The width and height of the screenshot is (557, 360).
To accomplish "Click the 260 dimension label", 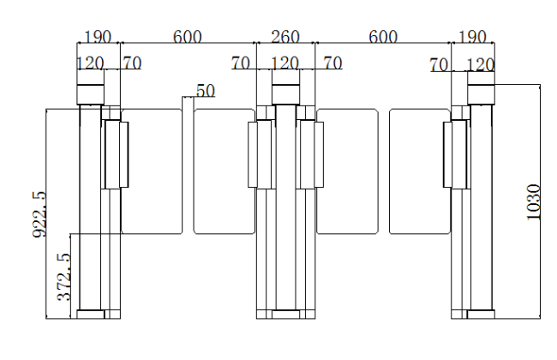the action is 285,37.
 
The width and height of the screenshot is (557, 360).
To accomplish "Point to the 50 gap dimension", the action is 206,91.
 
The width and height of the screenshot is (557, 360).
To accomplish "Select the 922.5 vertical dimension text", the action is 39,214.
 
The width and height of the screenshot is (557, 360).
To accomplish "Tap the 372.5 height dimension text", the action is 64,277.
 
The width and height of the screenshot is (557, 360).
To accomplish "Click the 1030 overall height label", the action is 533,201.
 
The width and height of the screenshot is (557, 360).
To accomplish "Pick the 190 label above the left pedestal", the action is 98,37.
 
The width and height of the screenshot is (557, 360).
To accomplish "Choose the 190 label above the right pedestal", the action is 472,37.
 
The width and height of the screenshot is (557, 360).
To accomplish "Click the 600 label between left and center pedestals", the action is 187,37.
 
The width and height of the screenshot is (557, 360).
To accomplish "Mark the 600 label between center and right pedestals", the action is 383,37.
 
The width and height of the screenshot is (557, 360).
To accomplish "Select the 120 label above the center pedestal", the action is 284,63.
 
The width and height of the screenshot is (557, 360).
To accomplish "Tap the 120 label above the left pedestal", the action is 90,63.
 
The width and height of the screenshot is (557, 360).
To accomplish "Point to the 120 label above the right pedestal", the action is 480,65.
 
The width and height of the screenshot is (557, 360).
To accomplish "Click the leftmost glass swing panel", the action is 152,171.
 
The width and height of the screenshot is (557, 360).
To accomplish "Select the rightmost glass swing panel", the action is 420,171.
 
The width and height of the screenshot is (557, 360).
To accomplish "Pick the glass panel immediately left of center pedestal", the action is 225,171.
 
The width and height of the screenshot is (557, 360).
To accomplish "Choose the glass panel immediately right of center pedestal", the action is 347,171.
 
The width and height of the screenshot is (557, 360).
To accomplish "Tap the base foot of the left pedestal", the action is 91,315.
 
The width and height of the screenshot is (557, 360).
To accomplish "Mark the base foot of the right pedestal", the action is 481,315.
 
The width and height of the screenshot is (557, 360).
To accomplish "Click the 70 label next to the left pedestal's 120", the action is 133,63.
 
